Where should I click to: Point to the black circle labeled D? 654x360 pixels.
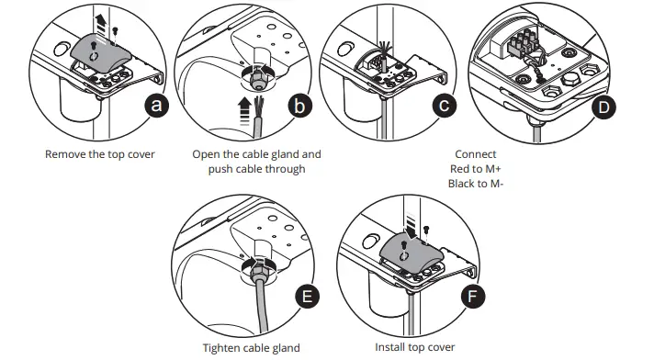point(603,107)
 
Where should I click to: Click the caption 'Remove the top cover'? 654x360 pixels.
point(100,154)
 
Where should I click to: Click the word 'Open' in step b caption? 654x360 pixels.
point(209,154)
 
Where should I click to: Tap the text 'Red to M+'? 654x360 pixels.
point(475,169)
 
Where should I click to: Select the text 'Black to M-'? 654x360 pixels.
point(475,184)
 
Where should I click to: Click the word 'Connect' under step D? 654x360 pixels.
point(475,154)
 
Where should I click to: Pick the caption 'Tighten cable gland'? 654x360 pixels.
point(251,348)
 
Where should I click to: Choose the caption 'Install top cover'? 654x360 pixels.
point(414,348)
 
